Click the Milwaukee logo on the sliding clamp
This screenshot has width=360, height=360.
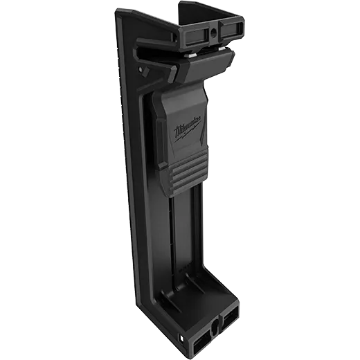(188, 129)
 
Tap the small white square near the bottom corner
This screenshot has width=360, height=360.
(181, 339)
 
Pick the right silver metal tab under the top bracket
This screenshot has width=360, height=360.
(222, 48)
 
